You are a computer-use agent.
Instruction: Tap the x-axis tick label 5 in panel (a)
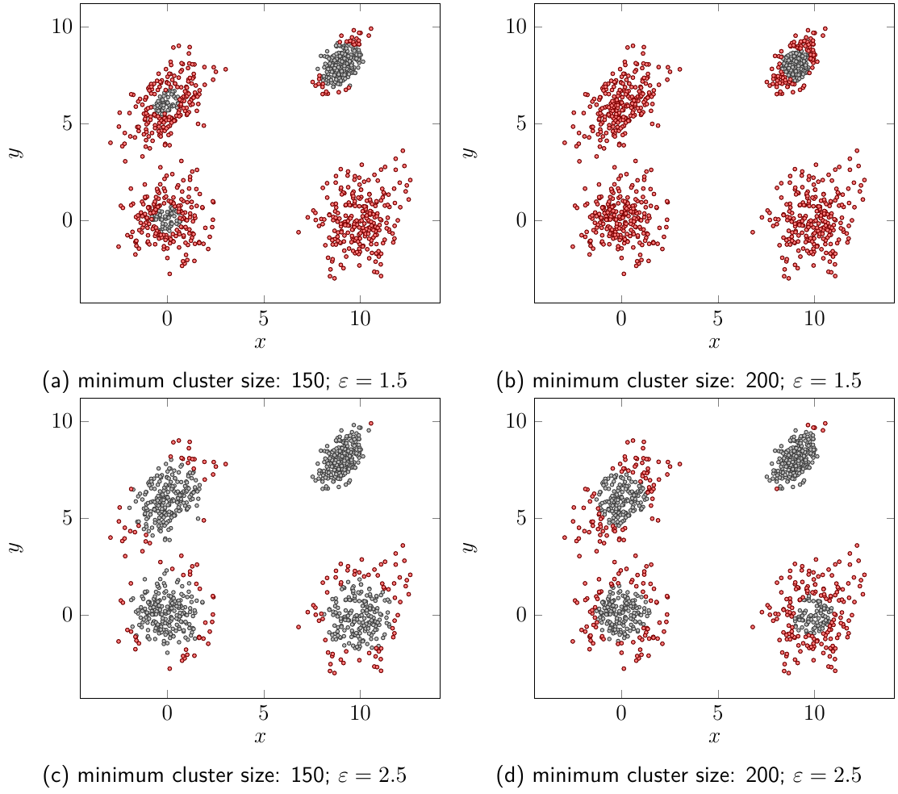[x=263, y=317]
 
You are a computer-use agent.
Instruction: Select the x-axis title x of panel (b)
[x=714, y=342]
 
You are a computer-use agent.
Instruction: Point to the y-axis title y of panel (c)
[x=14, y=547]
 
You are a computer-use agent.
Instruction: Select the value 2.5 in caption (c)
[x=391, y=775]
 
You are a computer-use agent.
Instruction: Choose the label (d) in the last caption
[x=512, y=775]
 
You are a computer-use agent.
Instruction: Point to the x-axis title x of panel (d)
[x=714, y=737]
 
